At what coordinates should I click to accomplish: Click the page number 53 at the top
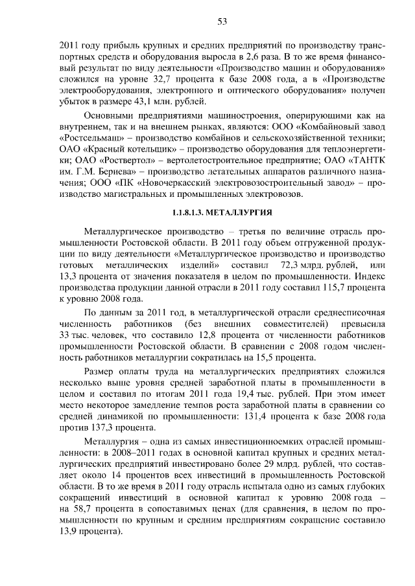[221, 21]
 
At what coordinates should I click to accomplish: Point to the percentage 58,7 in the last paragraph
[84, 518]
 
